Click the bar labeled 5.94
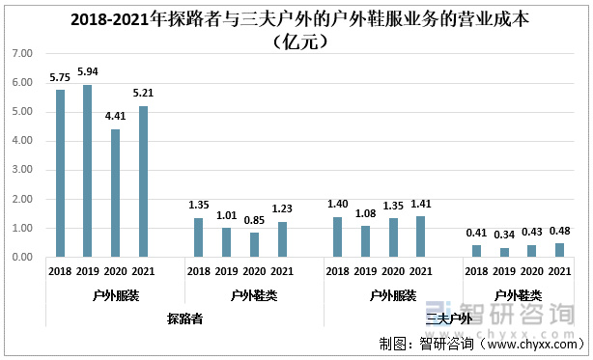(88, 171)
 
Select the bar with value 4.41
(116, 193)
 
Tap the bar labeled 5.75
(60, 174)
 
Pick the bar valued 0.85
(255, 245)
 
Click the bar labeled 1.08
(366, 241)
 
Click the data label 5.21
(144, 95)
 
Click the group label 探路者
(184, 318)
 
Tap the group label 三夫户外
(449, 318)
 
